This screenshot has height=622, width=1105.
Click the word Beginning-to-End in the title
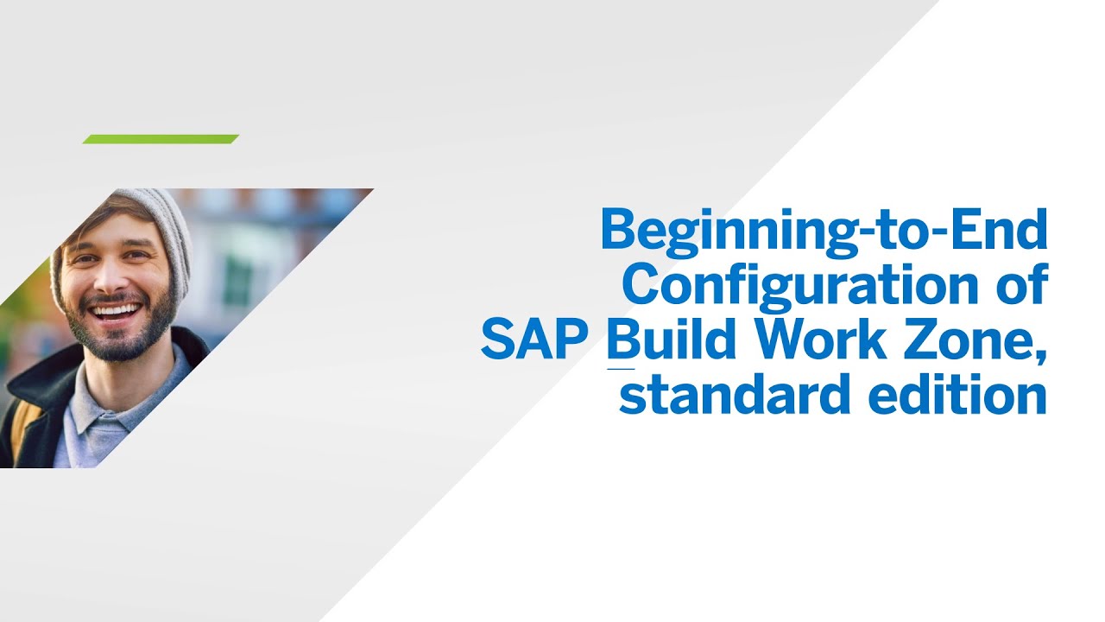pos(824,230)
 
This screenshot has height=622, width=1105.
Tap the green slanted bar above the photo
pos(161,139)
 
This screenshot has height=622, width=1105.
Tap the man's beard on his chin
pos(121,341)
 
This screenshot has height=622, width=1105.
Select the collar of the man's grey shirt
pos(95,406)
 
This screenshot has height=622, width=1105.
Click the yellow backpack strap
pos(22,432)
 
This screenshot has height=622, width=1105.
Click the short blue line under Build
pos(621,370)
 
